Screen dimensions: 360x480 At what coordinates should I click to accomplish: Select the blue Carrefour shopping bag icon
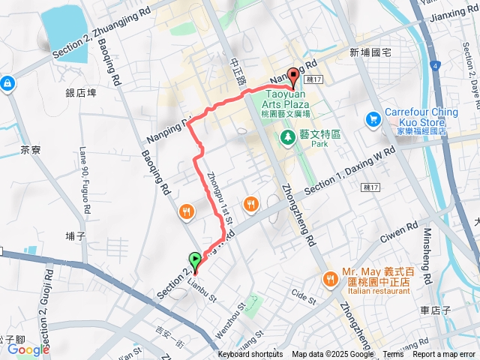point(373,119)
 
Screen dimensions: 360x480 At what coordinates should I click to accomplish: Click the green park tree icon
point(286,137)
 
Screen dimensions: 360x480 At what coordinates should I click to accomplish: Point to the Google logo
point(28,349)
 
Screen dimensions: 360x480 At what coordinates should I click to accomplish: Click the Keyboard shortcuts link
point(251,355)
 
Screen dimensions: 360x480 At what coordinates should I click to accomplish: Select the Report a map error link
point(445,355)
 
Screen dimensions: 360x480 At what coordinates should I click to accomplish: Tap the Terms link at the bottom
point(393,355)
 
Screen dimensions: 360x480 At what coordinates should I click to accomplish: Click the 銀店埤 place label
point(81,94)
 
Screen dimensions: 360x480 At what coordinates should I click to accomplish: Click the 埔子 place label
point(76,236)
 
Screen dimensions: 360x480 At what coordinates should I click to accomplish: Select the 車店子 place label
point(435,310)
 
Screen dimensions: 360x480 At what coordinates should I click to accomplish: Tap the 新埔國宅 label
point(370,52)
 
